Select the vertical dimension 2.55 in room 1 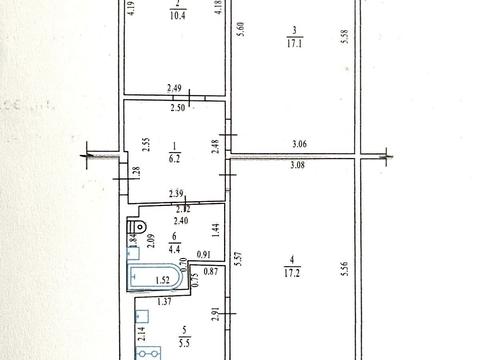pyautogui.click(x=146, y=143)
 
